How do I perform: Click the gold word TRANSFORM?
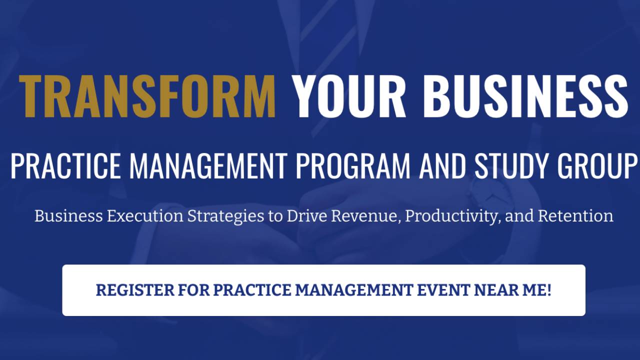coord(147,96)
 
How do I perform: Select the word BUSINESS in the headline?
coord(525,96)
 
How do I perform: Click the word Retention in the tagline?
coord(575,216)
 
